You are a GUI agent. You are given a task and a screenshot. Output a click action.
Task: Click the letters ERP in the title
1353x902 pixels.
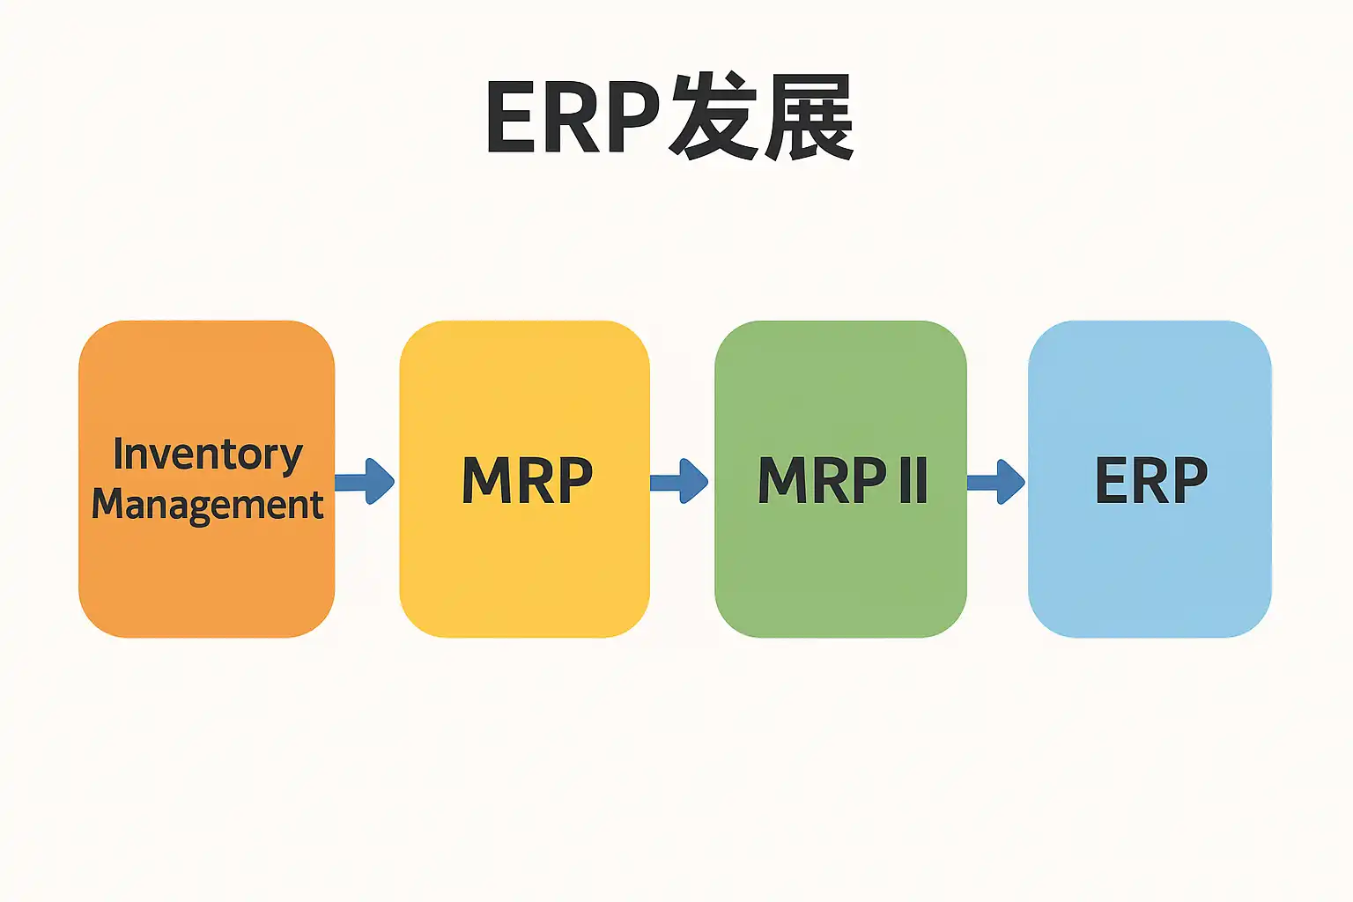[x=573, y=118]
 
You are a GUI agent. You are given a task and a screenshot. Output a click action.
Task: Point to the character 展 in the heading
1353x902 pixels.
[x=809, y=118]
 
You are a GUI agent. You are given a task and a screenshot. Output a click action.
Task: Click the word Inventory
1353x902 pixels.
[x=208, y=455]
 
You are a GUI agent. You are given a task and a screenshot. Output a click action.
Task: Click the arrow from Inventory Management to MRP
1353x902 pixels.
[x=365, y=481]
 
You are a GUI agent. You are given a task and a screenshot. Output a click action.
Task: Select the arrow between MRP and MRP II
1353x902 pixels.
[x=679, y=481]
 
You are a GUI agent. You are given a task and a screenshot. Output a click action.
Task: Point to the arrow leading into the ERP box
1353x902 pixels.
[x=996, y=481]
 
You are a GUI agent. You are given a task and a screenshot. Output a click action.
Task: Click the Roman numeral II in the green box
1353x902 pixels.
[x=913, y=481]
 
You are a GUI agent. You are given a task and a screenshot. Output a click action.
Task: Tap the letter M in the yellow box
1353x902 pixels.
[x=484, y=481]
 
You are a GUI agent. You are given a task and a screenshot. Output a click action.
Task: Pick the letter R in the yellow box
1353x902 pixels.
[x=536, y=481]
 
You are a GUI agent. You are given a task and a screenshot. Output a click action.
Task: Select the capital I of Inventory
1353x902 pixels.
[x=118, y=454]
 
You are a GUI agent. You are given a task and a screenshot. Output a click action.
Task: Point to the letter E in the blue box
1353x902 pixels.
[x=1111, y=481]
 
